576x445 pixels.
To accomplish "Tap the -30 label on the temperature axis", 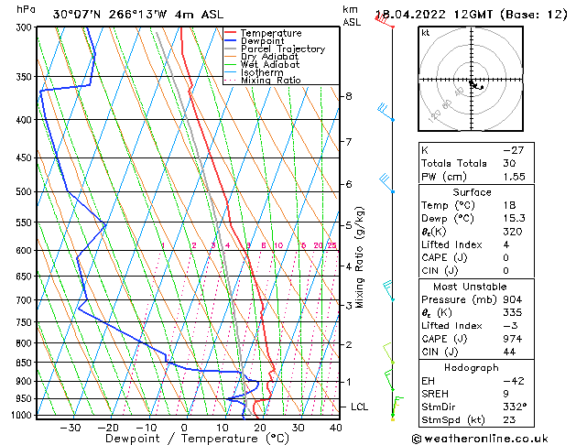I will pyautogui.click(x=70, y=428).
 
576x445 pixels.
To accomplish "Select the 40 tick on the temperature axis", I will pyautogui.click(x=336, y=428).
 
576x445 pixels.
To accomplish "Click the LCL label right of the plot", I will pyautogui.click(x=361, y=407).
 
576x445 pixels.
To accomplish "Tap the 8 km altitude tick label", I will pyautogui.click(x=348, y=96).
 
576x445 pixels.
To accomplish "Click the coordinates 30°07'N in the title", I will pyautogui.click(x=76, y=15).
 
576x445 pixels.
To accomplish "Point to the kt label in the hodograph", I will pyautogui.click(x=426, y=33).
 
